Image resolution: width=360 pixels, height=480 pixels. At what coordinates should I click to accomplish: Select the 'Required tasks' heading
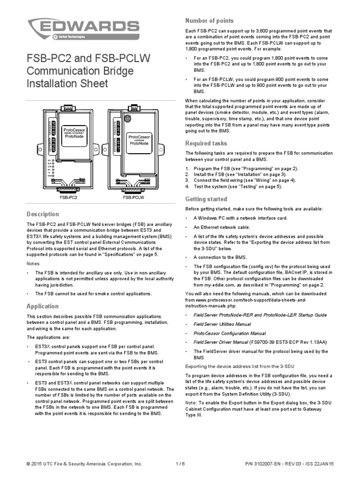206,143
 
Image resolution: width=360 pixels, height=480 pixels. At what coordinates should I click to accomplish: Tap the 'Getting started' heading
206,199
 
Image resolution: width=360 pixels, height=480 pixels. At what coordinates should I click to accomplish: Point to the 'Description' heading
43,214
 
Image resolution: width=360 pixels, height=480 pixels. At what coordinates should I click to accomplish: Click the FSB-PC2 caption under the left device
68,198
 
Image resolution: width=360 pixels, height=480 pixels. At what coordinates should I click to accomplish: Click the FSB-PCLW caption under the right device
134,198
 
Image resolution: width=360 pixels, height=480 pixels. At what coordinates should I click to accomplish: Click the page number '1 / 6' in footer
180,464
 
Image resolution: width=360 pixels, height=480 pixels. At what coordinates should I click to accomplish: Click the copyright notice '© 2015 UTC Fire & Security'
84,464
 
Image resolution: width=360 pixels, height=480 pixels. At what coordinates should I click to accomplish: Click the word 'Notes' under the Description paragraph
33,263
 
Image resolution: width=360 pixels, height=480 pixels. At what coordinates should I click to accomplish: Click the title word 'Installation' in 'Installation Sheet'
53,83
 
